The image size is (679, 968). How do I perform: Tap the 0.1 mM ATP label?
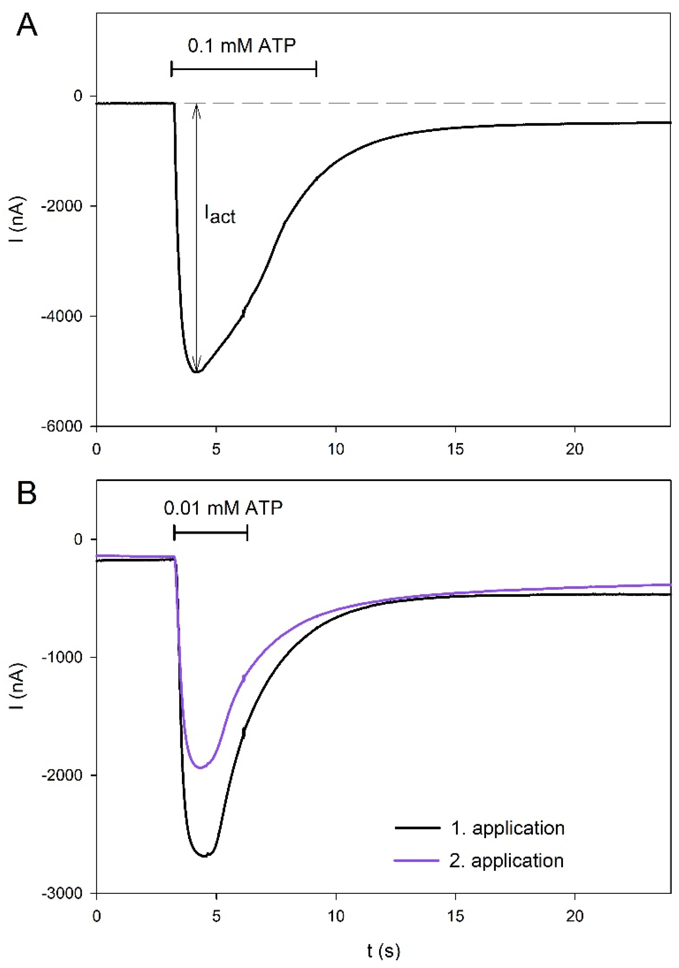(242, 46)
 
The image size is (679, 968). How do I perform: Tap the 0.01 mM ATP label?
(223, 508)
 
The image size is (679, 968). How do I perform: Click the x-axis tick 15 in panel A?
(456, 449)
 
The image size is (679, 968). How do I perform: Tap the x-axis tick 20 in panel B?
(574, 916)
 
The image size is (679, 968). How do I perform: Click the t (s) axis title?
(383, 951)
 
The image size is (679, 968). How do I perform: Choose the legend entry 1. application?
(508, 828)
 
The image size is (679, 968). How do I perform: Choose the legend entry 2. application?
(506, 860)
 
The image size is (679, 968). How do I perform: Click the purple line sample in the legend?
(417, 860)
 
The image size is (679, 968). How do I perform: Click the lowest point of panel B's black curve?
(205, 856)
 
